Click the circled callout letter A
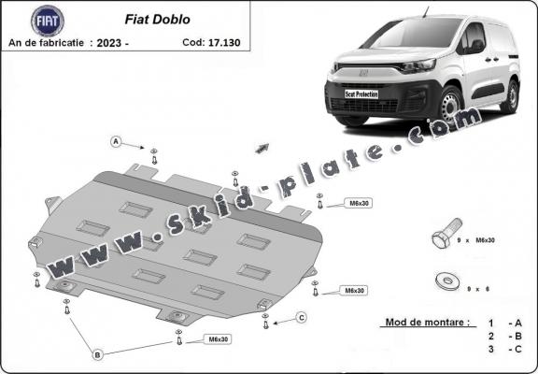117,142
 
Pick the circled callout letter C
301,318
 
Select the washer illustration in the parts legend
446,279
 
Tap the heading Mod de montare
425,323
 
